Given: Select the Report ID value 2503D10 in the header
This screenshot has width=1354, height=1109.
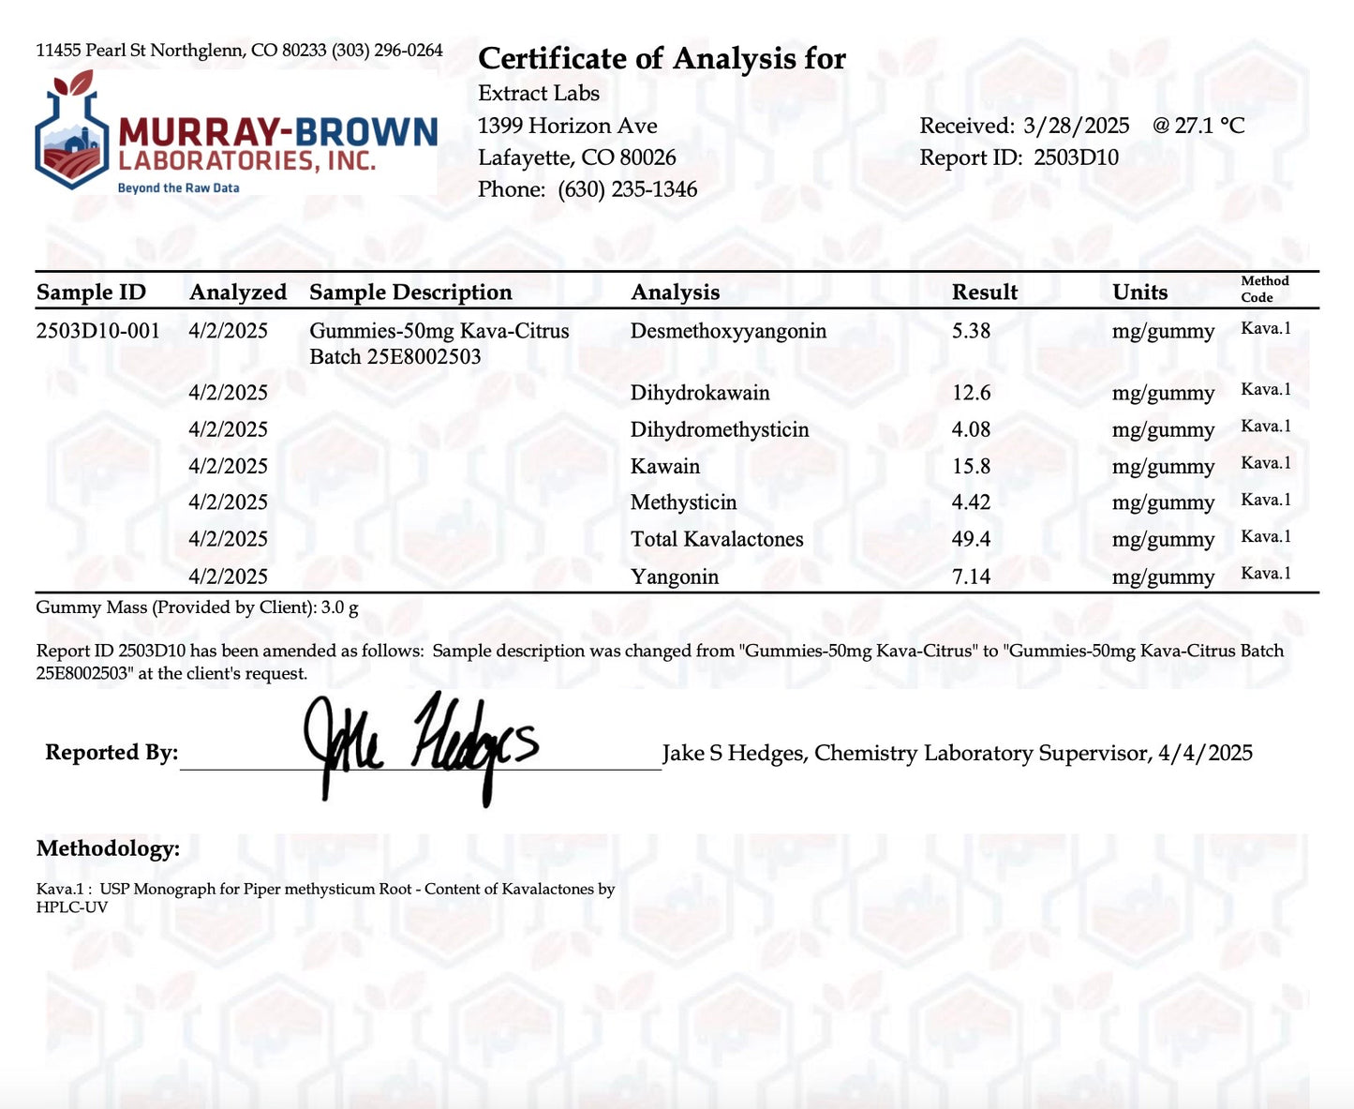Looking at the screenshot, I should (1076, 157).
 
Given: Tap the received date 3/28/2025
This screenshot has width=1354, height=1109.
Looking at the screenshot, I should (1076, 126).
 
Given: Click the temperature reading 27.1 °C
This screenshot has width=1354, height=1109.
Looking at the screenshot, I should (1210, 126).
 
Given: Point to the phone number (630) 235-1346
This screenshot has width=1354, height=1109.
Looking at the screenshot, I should (627, 189).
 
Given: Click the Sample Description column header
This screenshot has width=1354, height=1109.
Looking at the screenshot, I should (410, 292).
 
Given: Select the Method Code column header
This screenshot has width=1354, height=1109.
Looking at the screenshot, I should (1264, 289).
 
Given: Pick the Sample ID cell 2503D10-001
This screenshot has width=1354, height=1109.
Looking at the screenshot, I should (97, 331).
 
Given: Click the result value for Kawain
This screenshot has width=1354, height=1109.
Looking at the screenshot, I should (971, 466).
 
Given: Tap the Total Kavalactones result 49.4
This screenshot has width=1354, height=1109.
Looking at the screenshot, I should (971, 539).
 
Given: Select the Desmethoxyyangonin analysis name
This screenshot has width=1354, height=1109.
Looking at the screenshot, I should (728, 331).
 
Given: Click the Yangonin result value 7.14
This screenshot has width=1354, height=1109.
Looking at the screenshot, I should (971, 577).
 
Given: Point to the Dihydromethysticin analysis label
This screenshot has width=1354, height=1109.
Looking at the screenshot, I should (719, 429).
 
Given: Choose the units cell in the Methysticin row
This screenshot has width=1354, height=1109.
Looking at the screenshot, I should (1163, 502).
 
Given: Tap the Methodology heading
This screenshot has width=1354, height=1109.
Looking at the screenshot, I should (108, 848).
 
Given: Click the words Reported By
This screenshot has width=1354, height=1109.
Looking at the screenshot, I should (111, 753).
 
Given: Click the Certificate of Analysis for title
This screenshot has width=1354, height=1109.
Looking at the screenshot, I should (662, 59).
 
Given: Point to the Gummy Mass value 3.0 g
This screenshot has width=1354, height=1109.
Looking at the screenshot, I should (339, 607).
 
